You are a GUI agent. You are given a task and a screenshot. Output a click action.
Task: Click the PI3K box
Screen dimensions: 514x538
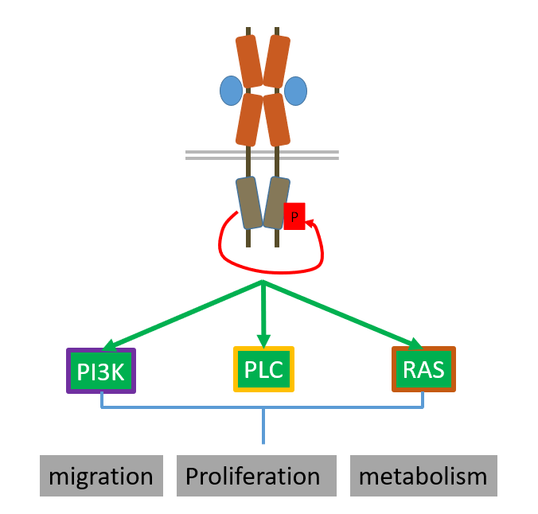tap(101, 372)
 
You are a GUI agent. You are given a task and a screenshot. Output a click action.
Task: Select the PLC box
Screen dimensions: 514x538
tap(263, 369)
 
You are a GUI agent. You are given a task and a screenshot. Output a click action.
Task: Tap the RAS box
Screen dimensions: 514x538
tap(423, 369)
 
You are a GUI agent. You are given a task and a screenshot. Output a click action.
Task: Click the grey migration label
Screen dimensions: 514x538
tap(101, 476)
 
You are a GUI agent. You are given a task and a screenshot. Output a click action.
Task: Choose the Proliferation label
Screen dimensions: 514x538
tap(252, 476)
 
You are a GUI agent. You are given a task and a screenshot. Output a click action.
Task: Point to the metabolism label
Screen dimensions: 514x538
tap(423, 476)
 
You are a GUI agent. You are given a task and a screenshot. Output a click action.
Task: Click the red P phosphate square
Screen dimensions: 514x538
tap(294, 216)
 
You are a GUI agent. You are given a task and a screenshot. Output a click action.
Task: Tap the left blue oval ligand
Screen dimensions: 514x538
tap(231, 91)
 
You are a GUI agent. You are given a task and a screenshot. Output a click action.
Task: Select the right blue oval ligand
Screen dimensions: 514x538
tap(295, 91)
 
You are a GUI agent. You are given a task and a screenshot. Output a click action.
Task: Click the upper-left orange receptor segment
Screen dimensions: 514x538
tap(249, 61)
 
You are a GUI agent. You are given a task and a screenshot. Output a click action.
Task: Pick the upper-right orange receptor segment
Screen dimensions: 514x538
tap(276, 61)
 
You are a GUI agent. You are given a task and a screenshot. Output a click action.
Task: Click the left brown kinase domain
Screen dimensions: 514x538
tap(249, 203)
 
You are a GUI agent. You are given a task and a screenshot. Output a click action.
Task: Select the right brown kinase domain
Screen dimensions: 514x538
tap(275, 203)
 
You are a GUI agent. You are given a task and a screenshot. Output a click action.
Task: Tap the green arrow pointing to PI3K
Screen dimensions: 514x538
tap(183, 315)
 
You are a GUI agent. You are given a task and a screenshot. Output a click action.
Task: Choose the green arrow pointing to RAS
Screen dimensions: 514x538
tap(342, 315)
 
